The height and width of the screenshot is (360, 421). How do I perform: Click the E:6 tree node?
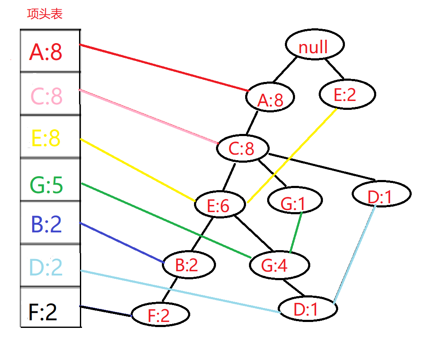220,205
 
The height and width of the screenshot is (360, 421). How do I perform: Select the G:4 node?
279,265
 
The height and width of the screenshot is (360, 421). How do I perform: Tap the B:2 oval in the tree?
189,264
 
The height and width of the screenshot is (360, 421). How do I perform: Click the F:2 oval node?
160,314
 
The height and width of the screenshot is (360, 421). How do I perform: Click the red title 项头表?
44,14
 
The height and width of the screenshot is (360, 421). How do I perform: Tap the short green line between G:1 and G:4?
296,233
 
